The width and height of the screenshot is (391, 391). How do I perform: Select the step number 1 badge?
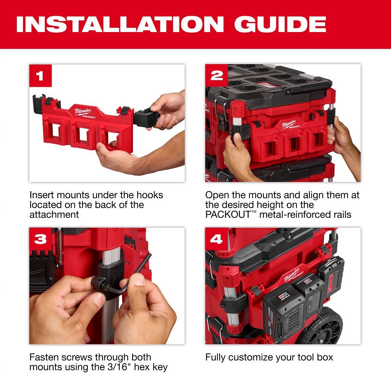pyautogui.click(x=40, y=75)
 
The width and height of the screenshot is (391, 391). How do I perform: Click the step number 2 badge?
pyautogui.click(x=216, y=75)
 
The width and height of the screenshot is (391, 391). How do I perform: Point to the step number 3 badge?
pyautogui.click(x=40, y=239)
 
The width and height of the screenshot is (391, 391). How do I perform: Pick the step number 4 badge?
pyautogui.click(x=216, y=239)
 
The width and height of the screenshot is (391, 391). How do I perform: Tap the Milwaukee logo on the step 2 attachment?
pyautogui.click(x=290, y=125)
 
